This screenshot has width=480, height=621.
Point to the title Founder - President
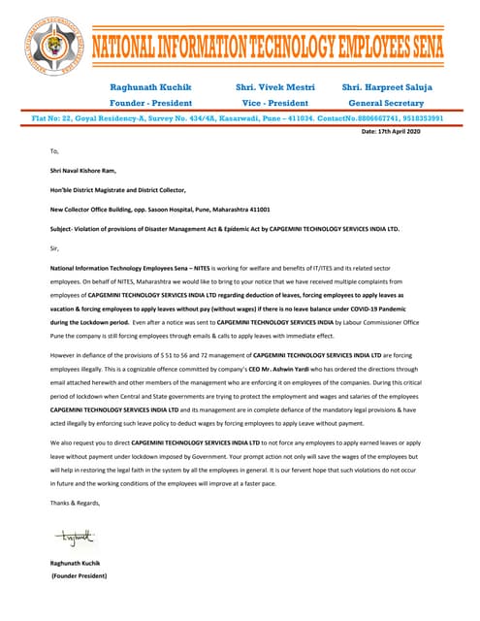pos(150,103)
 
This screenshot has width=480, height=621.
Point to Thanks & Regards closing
pos(75,503)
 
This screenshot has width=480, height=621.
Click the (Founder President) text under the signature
pos(79,575)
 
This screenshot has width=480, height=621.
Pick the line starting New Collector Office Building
pos(159,209)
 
